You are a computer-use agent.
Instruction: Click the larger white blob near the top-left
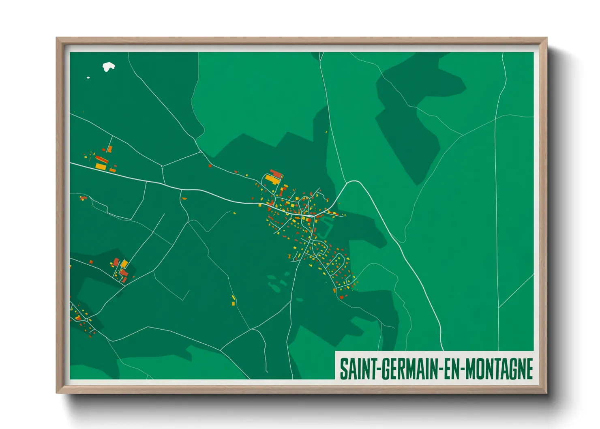point(108,66)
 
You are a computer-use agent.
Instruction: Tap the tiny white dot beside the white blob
point(88,77)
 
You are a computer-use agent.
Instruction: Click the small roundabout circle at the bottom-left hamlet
point(86,320)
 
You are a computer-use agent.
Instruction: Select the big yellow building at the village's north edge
point(272,179)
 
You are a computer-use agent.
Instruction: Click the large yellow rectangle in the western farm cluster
point(101,166)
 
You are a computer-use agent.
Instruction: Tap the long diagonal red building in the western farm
point(101,159)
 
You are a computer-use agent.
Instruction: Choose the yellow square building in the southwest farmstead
point(124,264)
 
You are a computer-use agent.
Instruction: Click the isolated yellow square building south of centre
point(234,303)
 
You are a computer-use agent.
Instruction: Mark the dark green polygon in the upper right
point(409,134)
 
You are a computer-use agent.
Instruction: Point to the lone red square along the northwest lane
point(210,165)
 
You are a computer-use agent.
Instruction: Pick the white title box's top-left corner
point(336,351)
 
